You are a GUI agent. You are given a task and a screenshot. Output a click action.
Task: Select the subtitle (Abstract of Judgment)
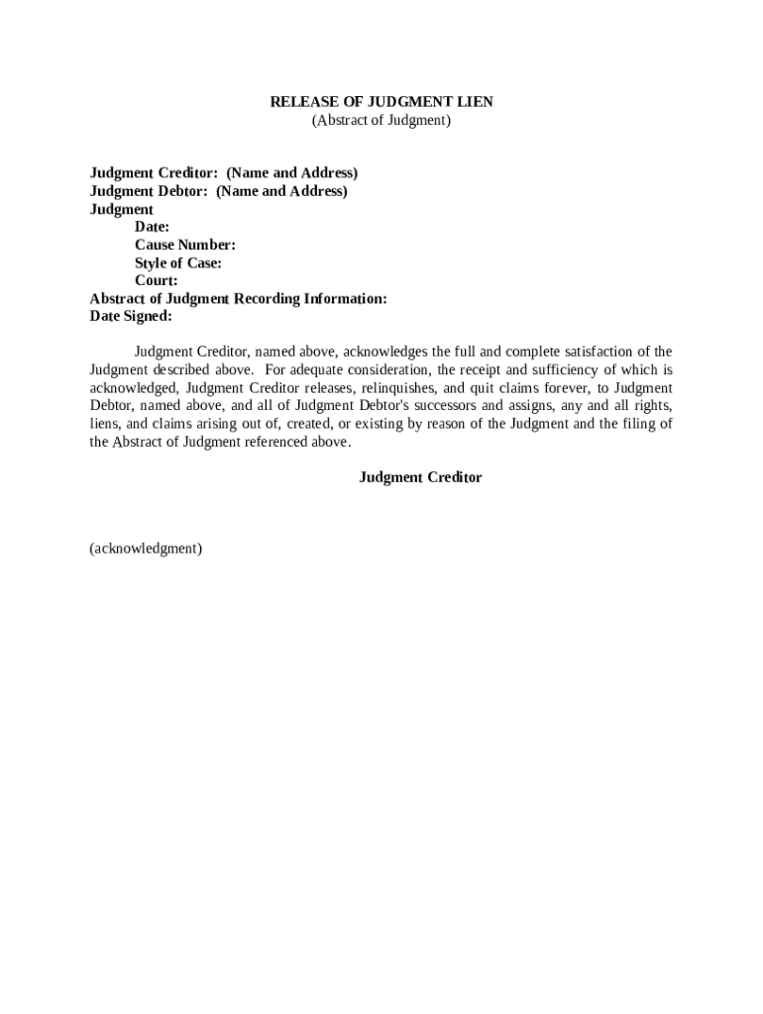[x=381, y=121]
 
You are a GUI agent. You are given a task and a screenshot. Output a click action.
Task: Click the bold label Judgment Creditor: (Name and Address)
[x=224, y=173]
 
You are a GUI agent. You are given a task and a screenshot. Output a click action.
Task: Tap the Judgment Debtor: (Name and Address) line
[x=218, y=191]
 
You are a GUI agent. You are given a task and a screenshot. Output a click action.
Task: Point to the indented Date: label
[x=152, y=227]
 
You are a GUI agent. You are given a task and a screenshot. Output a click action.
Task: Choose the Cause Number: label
[x=184, y=245]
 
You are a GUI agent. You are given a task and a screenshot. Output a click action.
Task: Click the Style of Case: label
[x=177, y=262]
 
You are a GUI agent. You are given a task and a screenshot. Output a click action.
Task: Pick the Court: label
[x=157, y=280]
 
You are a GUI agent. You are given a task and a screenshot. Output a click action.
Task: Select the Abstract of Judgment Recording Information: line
[x=238, y=298]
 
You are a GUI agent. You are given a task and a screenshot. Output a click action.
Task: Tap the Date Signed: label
[x=131, y=316]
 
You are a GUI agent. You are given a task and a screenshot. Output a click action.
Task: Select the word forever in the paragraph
[x=560, y=387]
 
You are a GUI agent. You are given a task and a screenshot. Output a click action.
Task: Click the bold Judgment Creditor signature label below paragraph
[x=420, y=477]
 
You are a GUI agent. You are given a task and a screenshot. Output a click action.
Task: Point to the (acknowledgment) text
[x=146, y=548]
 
